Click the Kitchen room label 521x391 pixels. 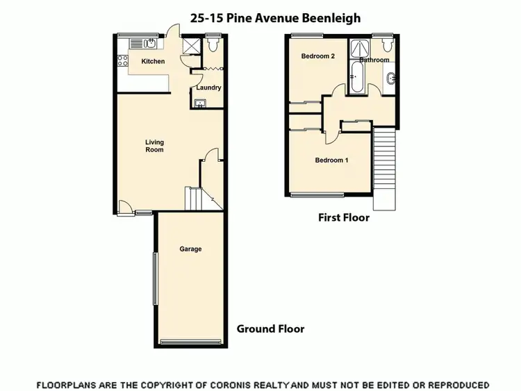(153, 62)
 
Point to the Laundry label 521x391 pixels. (208, 88)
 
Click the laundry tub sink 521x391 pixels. (201, 104)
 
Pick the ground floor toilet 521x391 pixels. (213, 46)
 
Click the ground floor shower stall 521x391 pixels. (190, 47)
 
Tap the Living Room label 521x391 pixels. (154, 146)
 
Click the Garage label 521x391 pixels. (190, 249)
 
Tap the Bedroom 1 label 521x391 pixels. (331, 160)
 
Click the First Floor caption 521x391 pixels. (344, 217)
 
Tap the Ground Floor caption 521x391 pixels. (270, 328)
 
